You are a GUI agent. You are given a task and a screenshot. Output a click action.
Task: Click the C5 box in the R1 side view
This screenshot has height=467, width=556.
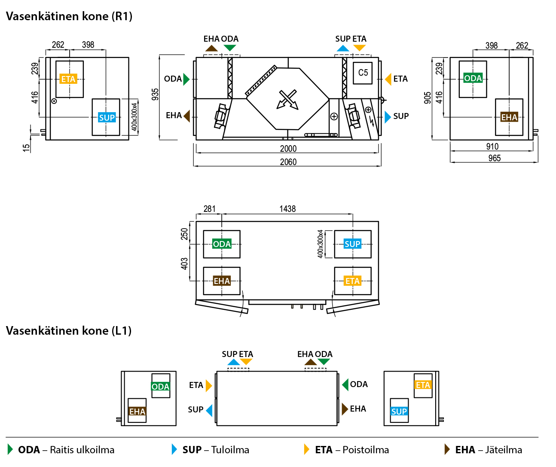[363, 73]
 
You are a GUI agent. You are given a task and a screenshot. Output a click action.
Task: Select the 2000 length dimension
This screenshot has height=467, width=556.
[288, 149]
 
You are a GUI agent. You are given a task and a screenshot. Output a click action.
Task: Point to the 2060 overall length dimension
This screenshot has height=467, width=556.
[288, 162]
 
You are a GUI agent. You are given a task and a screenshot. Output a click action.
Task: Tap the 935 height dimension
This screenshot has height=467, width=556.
[155, 95]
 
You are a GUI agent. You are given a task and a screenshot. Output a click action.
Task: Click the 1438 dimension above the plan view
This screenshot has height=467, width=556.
[287, 209]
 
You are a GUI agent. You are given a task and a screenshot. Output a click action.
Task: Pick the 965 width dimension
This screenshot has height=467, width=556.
[495, 158]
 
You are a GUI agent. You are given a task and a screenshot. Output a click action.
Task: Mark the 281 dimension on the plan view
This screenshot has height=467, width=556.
[209, 209]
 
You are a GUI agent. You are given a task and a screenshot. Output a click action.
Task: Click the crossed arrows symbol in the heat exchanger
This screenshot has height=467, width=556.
[287, 99]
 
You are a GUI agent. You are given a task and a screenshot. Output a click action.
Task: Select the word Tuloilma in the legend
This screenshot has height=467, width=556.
[230, 450]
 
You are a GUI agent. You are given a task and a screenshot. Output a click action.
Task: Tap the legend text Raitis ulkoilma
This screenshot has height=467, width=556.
[82, 450]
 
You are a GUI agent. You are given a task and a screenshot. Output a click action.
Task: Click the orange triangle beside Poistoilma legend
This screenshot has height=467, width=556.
[306, 449]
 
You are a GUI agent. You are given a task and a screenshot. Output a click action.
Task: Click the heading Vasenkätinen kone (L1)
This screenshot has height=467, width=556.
[69, 331]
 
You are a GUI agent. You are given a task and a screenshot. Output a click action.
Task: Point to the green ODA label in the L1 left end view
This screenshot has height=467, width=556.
[160, 387]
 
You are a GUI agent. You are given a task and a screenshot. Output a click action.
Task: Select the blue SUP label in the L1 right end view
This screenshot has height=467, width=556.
[399, 412]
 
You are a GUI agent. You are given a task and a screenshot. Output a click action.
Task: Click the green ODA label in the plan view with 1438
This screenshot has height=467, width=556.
[222, 244]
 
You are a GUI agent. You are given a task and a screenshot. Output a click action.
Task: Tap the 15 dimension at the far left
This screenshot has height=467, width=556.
[26, 147]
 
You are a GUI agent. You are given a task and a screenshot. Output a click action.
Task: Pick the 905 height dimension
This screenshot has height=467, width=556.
[428, 98]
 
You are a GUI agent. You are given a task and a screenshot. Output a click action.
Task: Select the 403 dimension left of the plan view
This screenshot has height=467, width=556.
[184, 263]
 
